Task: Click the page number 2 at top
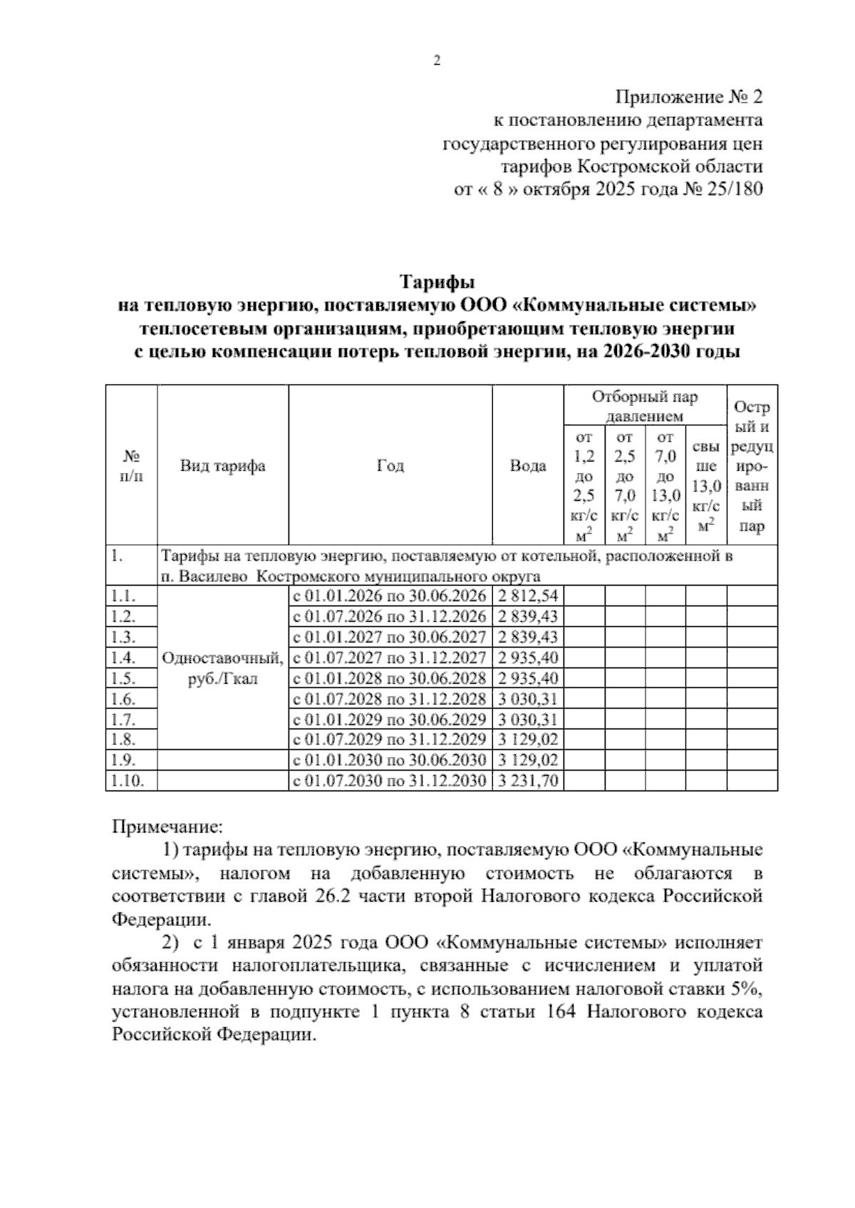click(437, 61)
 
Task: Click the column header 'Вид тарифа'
click(222, 466)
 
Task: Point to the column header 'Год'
click(390, 466)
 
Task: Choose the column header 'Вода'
click(528, 466)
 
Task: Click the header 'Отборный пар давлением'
click(645, 406)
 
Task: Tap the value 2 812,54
click(528, 595)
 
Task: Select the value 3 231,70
click(528, 781)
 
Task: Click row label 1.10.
click(129, 781)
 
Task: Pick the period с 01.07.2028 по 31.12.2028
click(390, 698)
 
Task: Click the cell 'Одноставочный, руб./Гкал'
click(222, 668)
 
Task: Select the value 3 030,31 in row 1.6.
click(528, 698)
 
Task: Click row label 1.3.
click(124, 637)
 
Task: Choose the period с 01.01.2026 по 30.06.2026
click(390, 595)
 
